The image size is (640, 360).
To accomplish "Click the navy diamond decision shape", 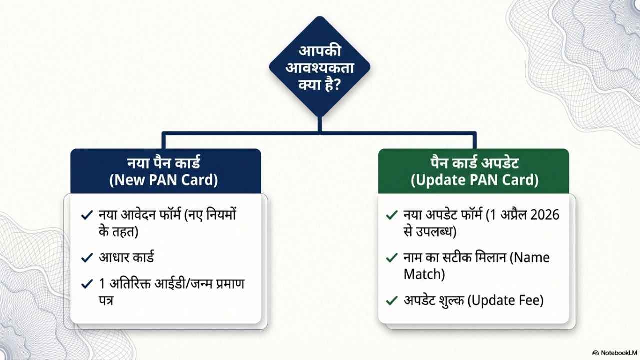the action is coord(320,67).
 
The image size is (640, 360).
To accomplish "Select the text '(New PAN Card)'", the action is coord(163,180).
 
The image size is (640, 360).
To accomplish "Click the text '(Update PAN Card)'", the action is coord(475,180).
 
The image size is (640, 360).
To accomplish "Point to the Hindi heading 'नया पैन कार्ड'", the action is coord(163,163).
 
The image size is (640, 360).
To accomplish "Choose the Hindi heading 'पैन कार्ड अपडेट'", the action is coord(475,163).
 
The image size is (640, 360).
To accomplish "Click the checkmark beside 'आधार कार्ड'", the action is coord(87,257).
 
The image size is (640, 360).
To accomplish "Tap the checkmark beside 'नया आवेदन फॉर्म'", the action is coord(87,215).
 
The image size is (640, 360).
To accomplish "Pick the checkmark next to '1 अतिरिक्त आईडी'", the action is coord(87,284).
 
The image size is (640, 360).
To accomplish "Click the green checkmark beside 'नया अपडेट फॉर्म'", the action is coord(392,215).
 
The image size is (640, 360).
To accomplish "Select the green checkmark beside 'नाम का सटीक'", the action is coord(392,257).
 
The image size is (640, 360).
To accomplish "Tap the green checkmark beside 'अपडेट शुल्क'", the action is coord(392,300).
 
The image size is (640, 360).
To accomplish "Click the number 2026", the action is coord(544,215).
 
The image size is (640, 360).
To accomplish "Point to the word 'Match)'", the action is coord(424,274).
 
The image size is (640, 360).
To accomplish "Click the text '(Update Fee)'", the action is coord(505,300).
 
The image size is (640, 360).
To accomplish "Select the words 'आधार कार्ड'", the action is coord(126,257).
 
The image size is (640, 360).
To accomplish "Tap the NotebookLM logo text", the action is coord(619,353).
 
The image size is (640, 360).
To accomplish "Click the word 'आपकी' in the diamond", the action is coord(320,51).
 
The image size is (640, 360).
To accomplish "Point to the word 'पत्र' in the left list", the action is coord(106,300).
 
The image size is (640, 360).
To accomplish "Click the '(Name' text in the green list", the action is coord(530,258).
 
